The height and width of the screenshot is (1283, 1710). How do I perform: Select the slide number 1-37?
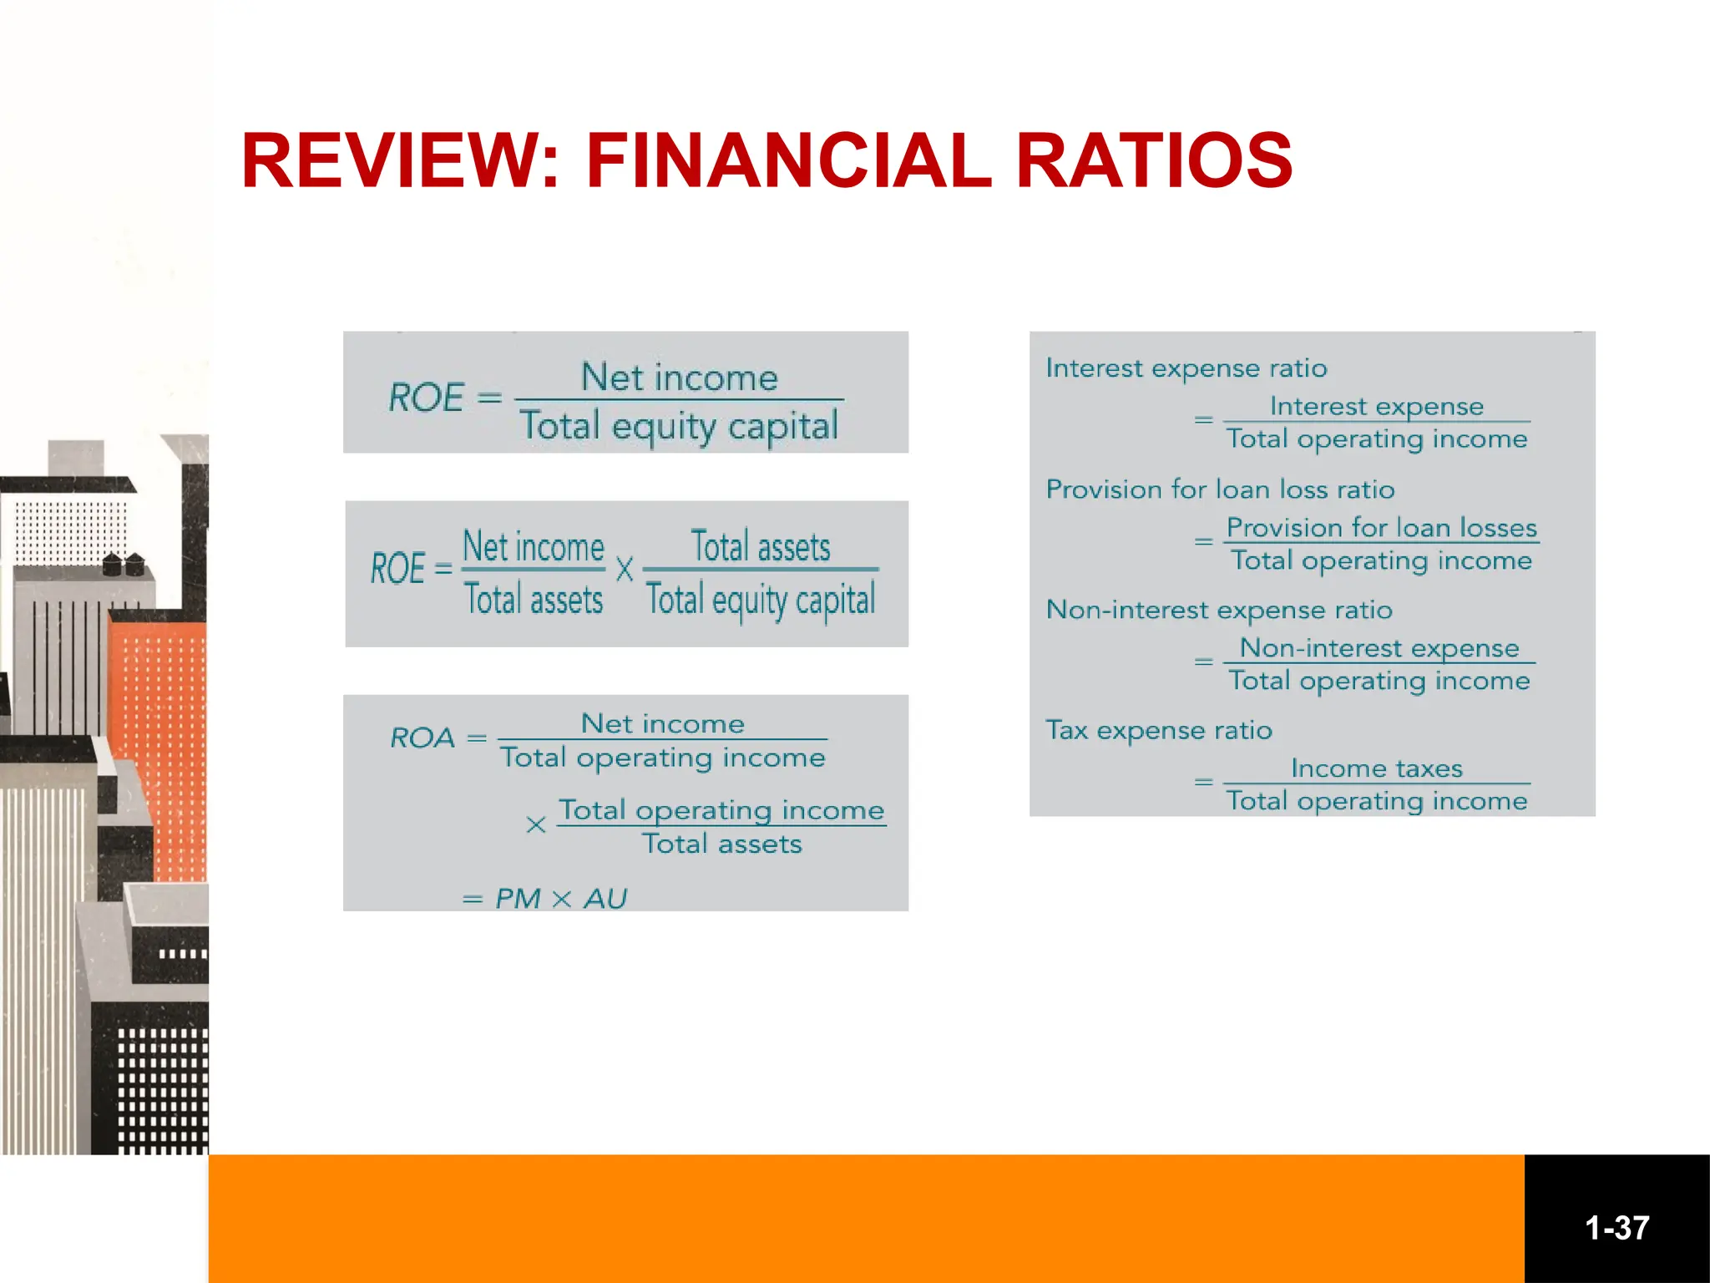tap(1616, 1228)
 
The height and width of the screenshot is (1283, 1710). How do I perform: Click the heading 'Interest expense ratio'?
tap(1186, 368)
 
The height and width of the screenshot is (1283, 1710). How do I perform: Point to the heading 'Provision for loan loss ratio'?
tap(1220, 489)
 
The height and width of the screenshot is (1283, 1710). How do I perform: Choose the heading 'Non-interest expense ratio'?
tap(1219, 610)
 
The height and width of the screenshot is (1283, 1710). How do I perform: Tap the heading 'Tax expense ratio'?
tap(1159, 731)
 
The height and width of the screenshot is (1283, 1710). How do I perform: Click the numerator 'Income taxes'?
tap(1376, 768)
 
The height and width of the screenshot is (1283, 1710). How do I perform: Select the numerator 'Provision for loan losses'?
tap(1381, 528)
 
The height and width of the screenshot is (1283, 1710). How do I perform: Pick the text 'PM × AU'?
tap(560, 899)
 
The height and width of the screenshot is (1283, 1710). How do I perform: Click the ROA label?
tap(422, 738)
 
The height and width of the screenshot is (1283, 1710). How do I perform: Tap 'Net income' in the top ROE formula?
tap(679, 378)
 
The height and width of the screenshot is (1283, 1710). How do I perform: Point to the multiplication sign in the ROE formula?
tap(624, 571)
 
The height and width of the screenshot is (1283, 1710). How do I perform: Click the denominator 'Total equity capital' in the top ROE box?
tap(678, 426)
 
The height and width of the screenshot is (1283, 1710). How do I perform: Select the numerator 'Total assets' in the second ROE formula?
tap(761, 547)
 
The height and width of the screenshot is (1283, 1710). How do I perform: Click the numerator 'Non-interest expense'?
tap(1379, 648)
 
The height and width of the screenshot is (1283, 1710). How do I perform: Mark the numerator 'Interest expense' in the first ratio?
tap(1376, 407)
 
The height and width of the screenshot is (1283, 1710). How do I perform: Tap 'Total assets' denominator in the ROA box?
tap(721, 844)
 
